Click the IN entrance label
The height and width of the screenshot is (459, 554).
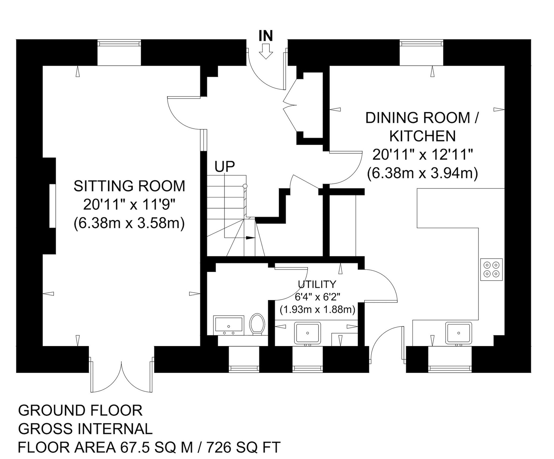pos(266,36)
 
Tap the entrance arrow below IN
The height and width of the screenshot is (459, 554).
pos(266,51)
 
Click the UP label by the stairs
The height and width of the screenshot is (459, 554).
pos(225,167)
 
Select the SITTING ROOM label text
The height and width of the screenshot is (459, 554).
pos(129,186)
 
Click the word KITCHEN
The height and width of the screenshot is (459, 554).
pos(423,136)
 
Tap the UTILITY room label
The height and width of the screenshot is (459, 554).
pos(317,284)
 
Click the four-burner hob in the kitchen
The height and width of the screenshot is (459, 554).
pos(492,269)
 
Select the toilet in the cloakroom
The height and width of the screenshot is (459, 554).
pos(257,324)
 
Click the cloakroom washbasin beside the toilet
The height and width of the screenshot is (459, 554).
pos(229,325)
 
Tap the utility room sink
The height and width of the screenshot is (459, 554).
pos(308,333)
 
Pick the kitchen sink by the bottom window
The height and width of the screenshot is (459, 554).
pos(459,332)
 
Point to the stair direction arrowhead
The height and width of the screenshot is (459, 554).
pos(251,238)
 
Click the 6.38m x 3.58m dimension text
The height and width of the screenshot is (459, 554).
pos(129,223)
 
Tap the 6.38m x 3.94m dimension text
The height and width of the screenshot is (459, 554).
pos(423,173)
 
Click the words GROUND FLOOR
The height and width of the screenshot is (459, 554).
pos(80,411)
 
